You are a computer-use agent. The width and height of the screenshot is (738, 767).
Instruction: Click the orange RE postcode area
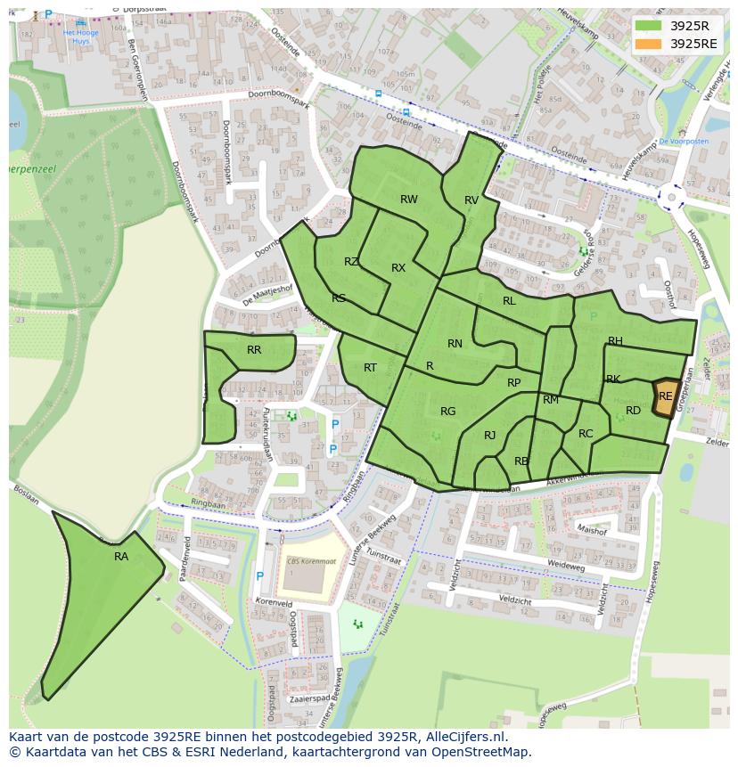coord(665,396)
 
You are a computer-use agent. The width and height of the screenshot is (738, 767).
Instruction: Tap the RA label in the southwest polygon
coord(121,557)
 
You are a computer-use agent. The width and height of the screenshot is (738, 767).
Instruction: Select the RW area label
coord(408,200)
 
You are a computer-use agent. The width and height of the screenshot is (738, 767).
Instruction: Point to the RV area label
coord(471,200)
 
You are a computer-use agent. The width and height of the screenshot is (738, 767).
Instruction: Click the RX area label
coord(398,268)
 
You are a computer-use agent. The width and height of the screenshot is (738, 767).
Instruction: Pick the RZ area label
coord(351,262)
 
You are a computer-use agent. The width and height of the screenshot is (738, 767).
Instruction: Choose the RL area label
coord(509,301)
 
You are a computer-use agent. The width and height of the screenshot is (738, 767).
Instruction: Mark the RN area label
coord(455,344)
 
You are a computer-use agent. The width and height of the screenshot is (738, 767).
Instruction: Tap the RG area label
coord(447,412)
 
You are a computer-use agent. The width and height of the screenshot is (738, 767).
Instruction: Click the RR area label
coord(254,350)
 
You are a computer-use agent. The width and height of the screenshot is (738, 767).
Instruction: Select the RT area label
coord(370,368)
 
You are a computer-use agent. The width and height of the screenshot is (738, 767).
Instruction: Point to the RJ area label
coord(489,436)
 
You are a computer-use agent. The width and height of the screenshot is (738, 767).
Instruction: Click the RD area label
coord(633,411)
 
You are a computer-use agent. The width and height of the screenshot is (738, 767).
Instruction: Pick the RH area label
coord(615,341)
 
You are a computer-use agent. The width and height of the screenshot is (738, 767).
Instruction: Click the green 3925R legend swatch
coord(648,26)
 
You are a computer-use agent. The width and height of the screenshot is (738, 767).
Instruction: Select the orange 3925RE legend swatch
coord(648,44)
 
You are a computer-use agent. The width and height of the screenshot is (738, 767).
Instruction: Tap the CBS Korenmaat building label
coord(311,561)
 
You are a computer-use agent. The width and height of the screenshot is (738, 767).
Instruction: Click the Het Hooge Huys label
coord(81,36)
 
